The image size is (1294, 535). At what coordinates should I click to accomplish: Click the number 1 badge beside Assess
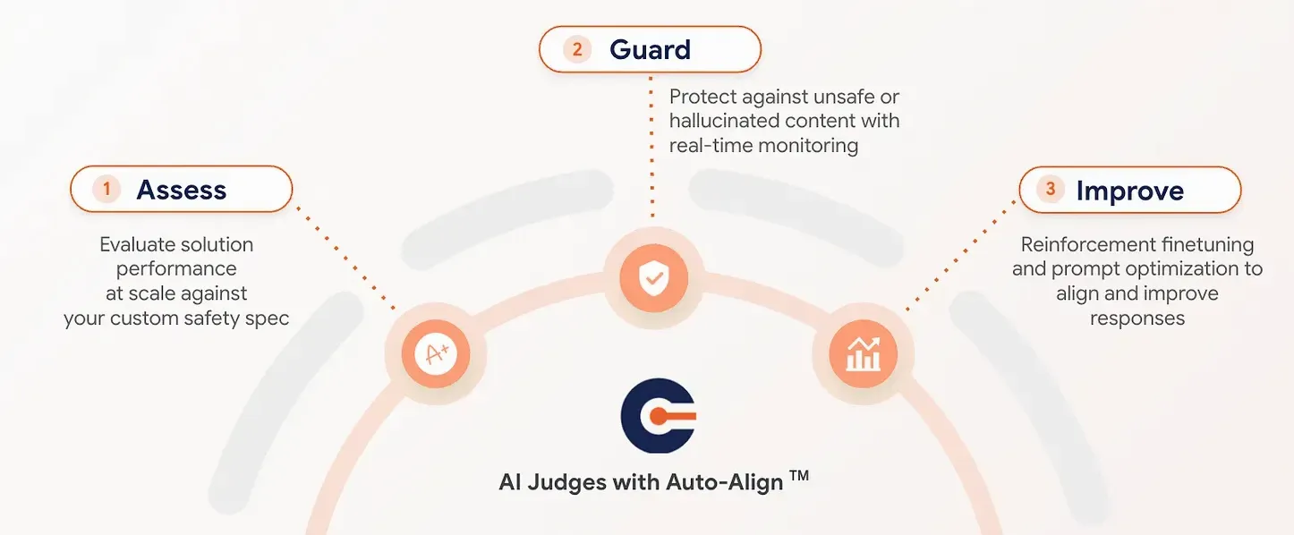tap(106, 189)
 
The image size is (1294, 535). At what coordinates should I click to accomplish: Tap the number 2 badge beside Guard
tap(577, 49)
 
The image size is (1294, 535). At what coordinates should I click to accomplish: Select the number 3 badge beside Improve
tap(1051, 189)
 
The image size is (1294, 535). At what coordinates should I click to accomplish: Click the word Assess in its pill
tap(181, 190)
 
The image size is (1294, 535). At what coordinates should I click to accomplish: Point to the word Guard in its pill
tap(650, 49)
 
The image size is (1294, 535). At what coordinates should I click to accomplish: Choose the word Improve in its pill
tap(1129, 191)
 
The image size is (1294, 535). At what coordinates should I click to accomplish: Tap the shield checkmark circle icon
tap(652, 277)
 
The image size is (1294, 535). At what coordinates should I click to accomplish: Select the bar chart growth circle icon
tap(863, 353)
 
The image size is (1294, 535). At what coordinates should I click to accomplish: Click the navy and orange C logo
tap(658, 416)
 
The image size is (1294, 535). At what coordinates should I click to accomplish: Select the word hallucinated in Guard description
tap(726, 121)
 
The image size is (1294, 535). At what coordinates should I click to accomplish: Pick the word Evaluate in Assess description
tap(139, 244)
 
